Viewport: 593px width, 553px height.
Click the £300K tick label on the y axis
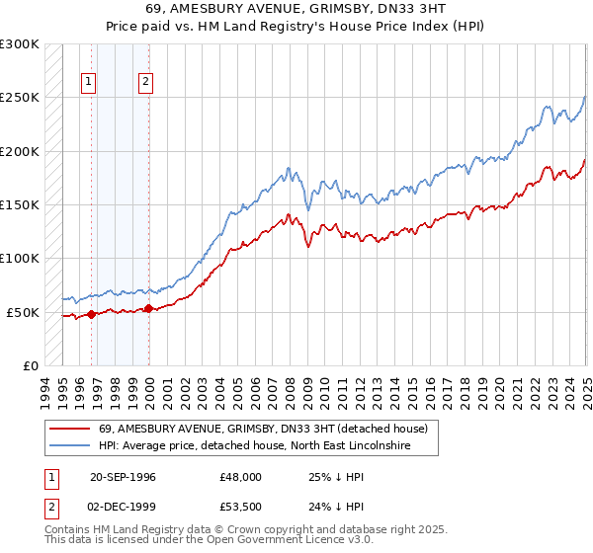coord(19,45)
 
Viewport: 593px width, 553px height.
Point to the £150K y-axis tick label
coord(19,205)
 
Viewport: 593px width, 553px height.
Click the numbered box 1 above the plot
coord(90,82)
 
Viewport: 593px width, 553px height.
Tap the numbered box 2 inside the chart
coord(146,82)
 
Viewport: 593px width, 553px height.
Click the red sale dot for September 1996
coord(91,314)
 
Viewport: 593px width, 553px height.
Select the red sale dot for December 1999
coord(148,308)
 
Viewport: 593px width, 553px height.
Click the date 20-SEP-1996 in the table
coord(123,476)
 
